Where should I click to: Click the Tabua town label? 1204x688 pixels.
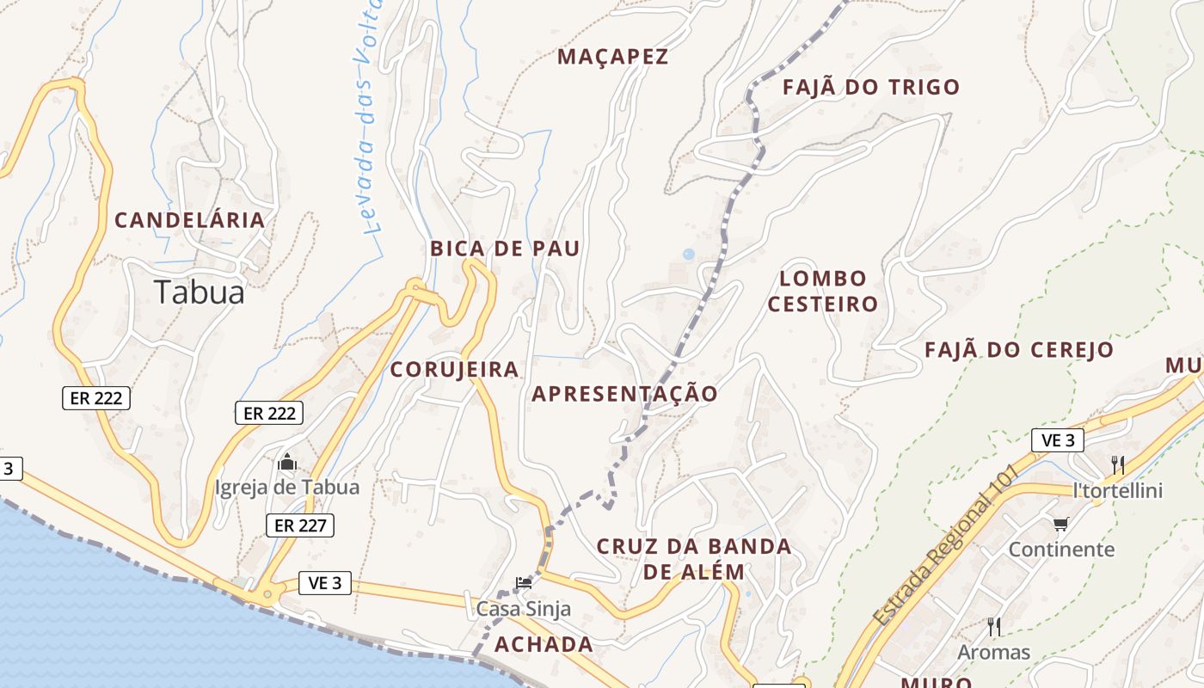(x=200, y=292)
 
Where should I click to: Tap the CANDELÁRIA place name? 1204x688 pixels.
(x=189, y=220)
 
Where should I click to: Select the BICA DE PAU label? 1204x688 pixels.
(x=505, y=249)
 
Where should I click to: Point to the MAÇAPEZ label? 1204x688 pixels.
(x=612, y=57)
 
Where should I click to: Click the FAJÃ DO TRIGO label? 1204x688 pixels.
(x=870, y=87)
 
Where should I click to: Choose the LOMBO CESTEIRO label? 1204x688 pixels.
(x=822, y=291)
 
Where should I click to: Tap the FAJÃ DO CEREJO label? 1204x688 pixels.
(x=1019, y=350)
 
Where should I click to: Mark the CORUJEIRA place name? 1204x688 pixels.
(x=454, y=370)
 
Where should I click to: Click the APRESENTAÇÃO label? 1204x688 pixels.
(x=624, y=394)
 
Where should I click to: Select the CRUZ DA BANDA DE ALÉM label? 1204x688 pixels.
(x=694, y=559)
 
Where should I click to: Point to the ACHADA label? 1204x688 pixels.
(x=544, y=644)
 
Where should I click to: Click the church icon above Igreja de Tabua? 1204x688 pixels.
(x=287, y=464)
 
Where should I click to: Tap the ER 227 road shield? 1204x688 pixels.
(x=299, y=525)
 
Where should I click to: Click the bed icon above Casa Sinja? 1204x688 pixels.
(x=523, y=583)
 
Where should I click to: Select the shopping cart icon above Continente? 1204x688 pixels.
(x=1060, y=524)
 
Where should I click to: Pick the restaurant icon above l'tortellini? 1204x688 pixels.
(x=1117, y=465)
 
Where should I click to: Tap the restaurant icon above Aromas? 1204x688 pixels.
(x=993, y=626)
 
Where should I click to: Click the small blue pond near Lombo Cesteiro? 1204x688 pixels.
(x=688, y=254)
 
